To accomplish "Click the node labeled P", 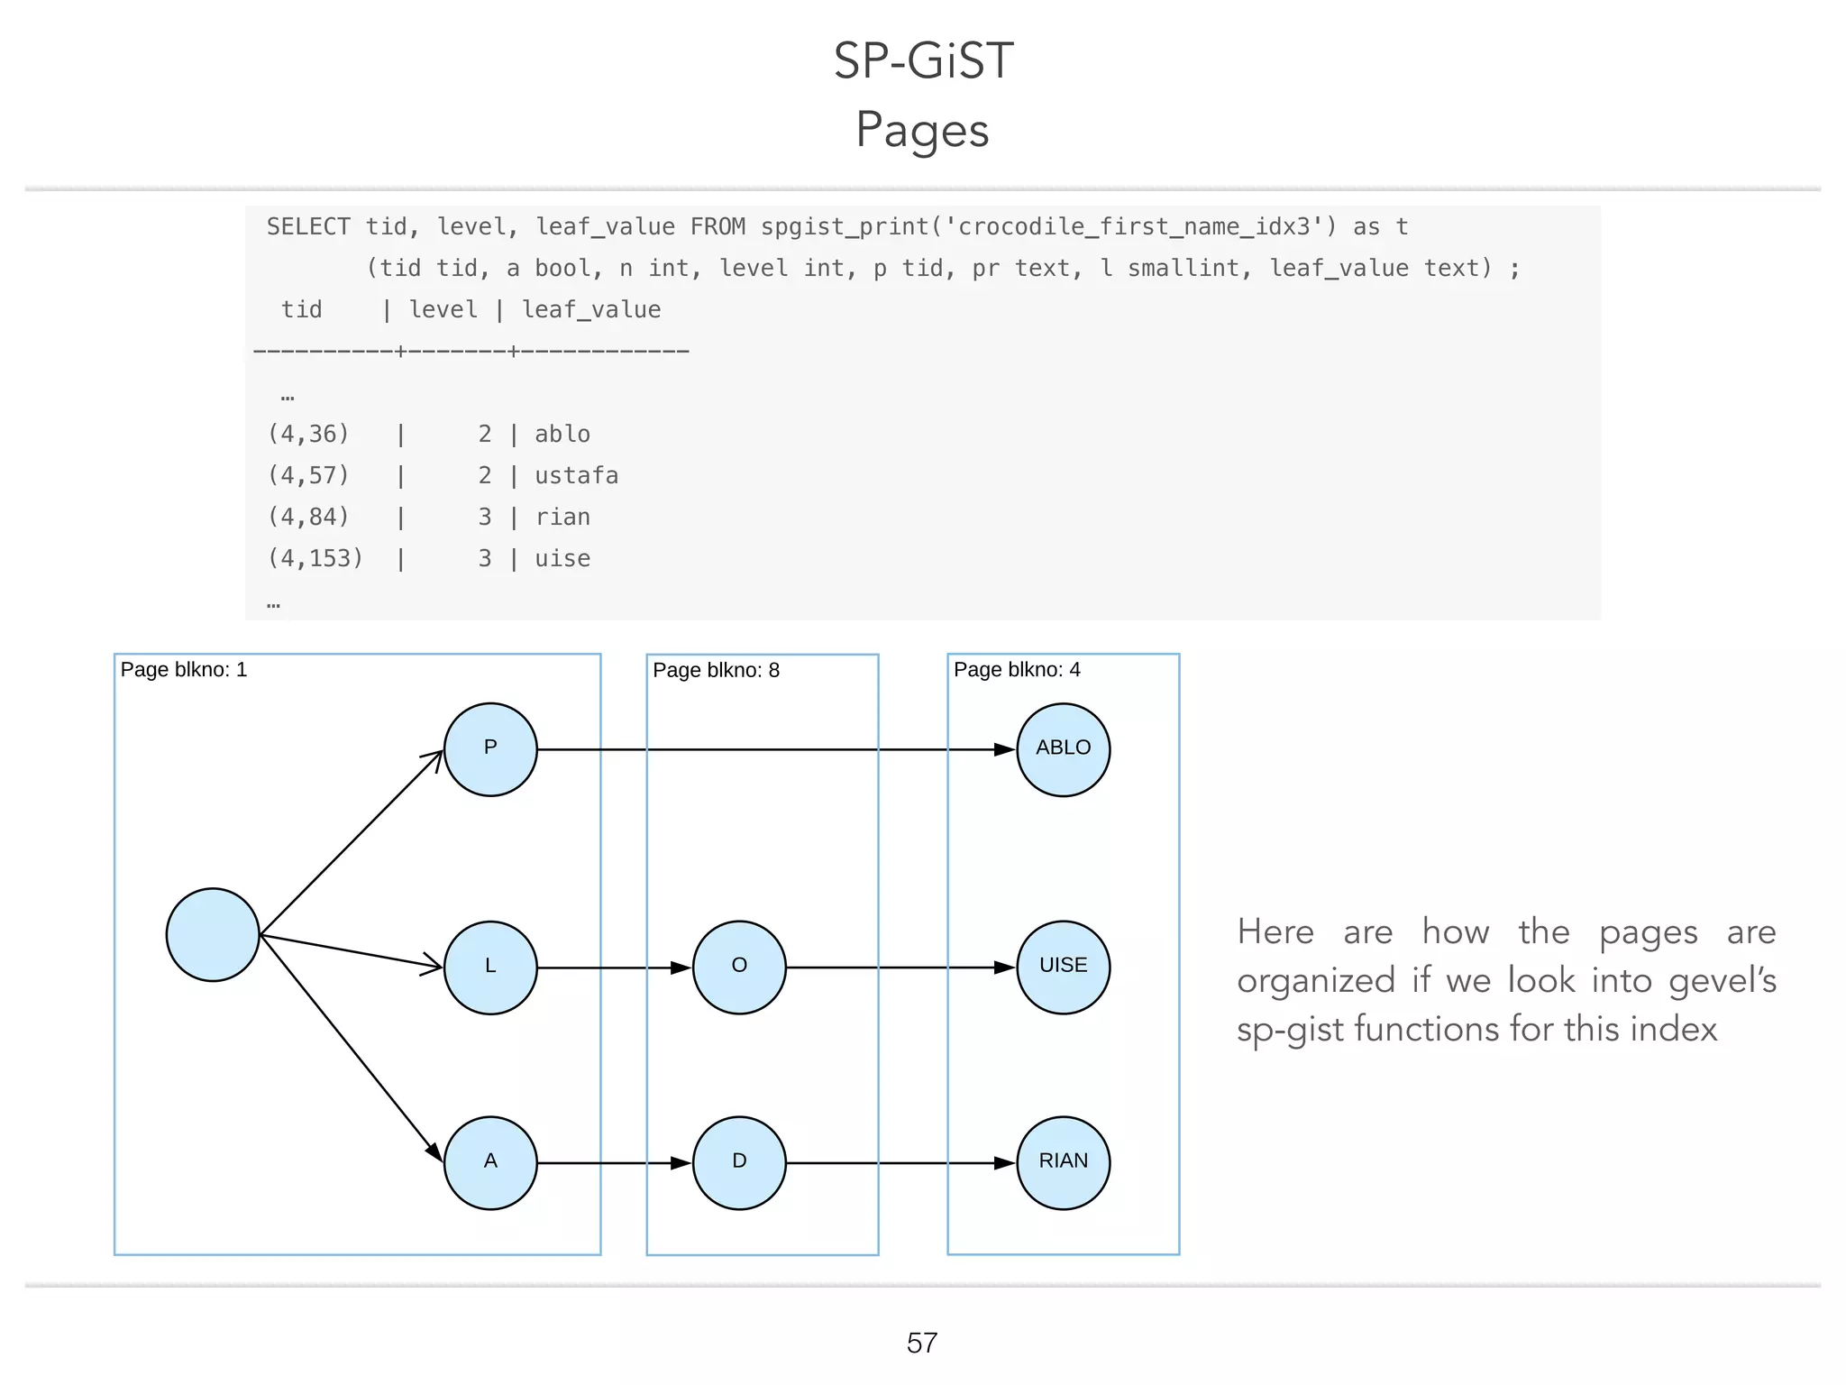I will pyautogui.click(x=490, y=749).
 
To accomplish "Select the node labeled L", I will pyautogui.click(x=490, y=968).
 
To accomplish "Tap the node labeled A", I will pyautogui.click(x=490, y=1163).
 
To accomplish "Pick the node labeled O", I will pyautogui.click(x=739, y=968).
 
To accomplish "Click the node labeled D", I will pyautogui.click(x=739, y=1163).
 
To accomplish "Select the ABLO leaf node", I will pyautogui.click(x=1064, y=749).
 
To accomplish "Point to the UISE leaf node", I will pyautogui.click(x=1064, y=968).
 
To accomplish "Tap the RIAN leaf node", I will pyautogui.click(x=1064, y=1163).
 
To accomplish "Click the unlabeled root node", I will pyautogui.click(x=213, y=935).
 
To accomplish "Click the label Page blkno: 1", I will pyautogui.click(x=184, y=670).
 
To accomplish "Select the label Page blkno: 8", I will pyautogui.click(x=716, y=671).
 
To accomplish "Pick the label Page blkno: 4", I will pyautogui.click(x=1017, y=670).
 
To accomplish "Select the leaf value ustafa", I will pyautogui.click(x=577, y=476).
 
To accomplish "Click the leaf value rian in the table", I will pyautogui.click(x=562, y=518).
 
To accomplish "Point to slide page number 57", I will pyautogui.click(x=922, y=1344).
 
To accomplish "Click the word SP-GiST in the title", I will pyautogui.click(x=923, y=61).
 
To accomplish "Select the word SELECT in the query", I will pyautogui.click(x=308, y=227).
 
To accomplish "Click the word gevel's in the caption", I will pyautogui.click(x=1722, y=981).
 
